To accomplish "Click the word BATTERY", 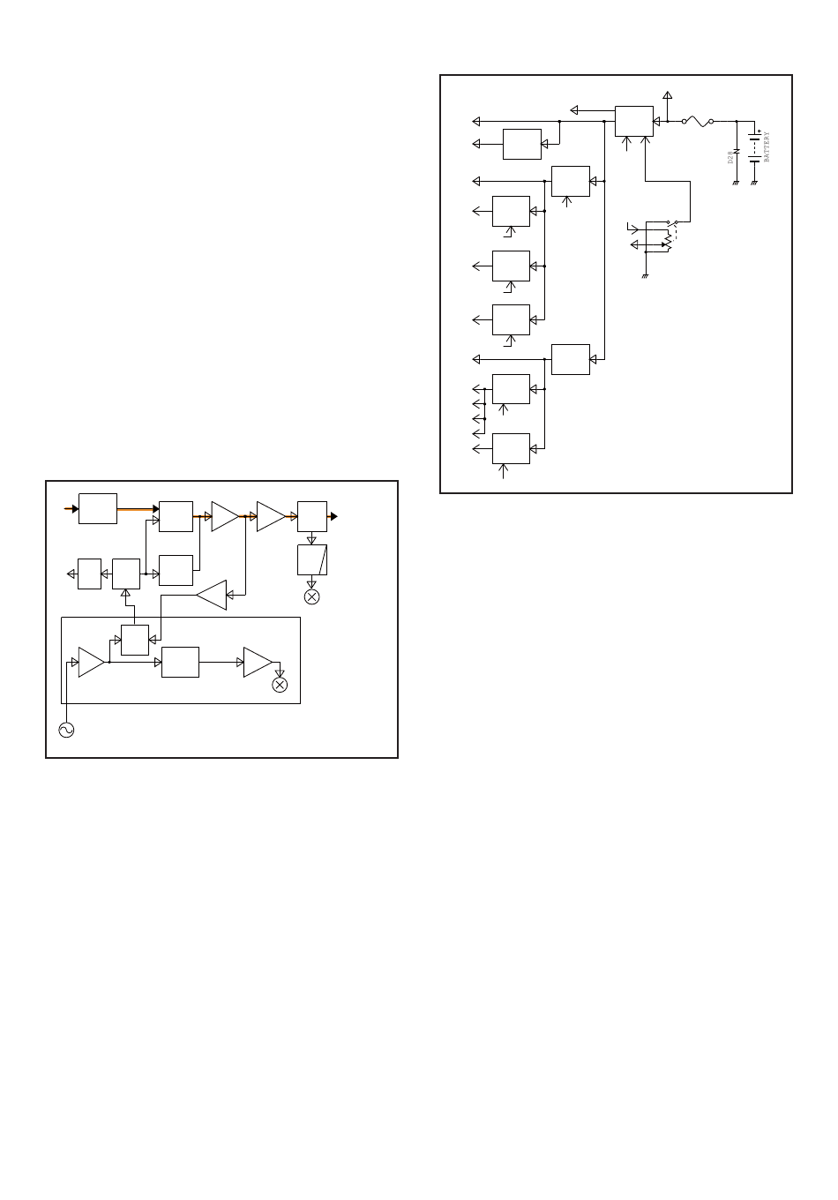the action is tap(767, 146).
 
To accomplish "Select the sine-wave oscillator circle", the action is tap(65, 730).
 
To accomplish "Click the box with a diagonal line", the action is tap(312, 559).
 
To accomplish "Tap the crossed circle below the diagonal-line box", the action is tap(311, 597).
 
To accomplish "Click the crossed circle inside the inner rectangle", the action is tap(280, 685).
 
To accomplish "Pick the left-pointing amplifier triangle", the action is tap(213, 596).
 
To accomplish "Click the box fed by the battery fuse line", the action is tap(633, 121).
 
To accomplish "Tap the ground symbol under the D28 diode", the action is tap(736, 183).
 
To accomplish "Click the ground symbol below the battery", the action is tap(754, 183).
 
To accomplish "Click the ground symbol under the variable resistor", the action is tap(646, 276).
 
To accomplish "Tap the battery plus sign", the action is tap(759, 131).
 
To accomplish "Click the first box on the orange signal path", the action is tap(98, 509).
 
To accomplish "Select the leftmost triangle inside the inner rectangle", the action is tap(90, 662).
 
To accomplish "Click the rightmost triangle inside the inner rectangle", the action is tap(257, 662).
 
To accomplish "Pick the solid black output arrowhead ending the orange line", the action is tap(333, 516).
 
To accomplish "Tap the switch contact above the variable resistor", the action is tap(672, 221).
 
